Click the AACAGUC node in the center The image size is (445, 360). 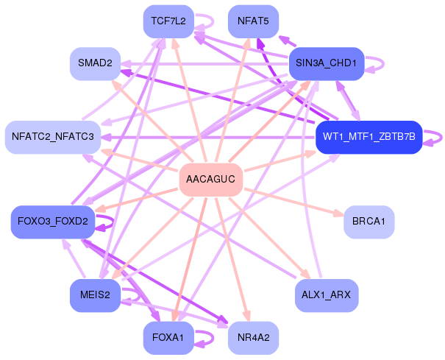point(211,180)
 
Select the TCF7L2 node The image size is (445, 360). point(168,21)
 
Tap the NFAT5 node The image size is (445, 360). point(253,21)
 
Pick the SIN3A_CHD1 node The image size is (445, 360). point(326,64)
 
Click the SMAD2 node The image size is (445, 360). point(94,64)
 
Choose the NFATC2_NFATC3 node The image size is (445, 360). point(53,137)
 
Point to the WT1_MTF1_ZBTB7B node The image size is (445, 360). point(368,137)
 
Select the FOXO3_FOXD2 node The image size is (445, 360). point(53,222)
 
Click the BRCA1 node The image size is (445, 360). point(369,222)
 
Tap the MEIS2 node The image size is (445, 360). point(95,295)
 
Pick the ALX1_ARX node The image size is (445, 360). point(326,295)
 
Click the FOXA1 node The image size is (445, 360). point(168,338)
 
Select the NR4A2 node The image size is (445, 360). point(254,338)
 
